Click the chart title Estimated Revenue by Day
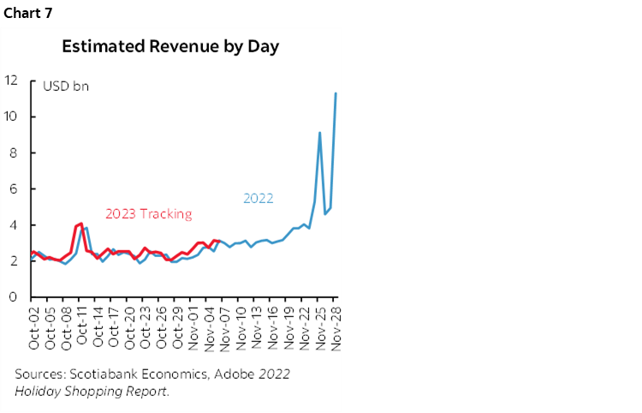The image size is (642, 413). [169, 46]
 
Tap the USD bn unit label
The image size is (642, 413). [66, 86]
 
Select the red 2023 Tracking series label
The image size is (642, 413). [148, 214]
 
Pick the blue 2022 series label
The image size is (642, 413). [259, 198]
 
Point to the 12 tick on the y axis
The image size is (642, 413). [11, 81]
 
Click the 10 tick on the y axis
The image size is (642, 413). [11, 117]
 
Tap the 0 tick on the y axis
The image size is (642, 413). [14, 296]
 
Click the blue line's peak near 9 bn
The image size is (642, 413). [319, 133]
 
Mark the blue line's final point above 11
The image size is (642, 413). [336, 93]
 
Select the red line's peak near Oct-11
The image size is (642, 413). [81, 224]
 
